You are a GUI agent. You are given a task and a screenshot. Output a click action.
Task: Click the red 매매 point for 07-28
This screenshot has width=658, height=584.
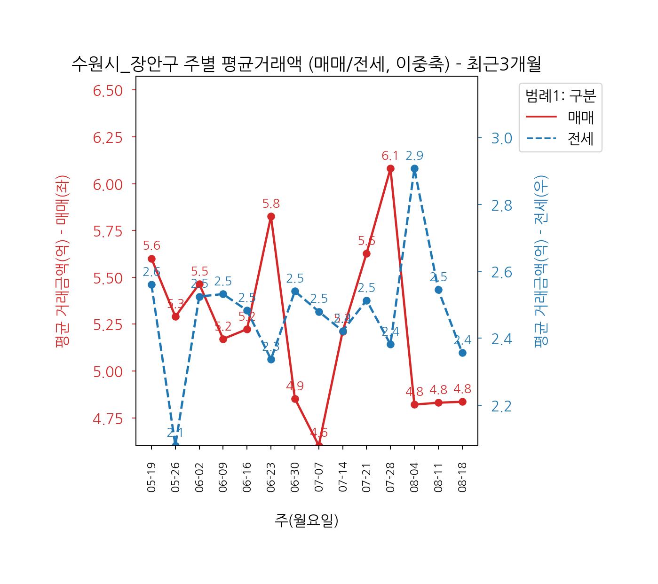[x=390, y=168]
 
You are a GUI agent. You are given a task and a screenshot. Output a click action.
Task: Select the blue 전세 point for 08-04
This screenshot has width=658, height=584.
[x=414, y=168]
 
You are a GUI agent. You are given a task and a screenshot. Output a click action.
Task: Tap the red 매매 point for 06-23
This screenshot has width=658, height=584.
[x=271, y=216]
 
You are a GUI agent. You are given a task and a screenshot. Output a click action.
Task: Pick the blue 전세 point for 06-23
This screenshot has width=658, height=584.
[x=271, y=359]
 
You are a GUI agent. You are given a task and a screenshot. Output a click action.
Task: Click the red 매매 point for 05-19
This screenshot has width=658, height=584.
[x=151, y=259]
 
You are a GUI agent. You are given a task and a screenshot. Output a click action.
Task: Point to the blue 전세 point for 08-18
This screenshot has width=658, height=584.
[x=462, y=353]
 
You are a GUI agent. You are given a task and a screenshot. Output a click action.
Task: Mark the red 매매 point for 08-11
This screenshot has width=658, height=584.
[x=438, y=402]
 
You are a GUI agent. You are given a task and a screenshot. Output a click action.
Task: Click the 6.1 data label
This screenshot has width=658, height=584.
[x=390, y=156]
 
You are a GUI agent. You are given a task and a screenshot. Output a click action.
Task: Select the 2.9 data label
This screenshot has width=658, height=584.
[x=414, y=156]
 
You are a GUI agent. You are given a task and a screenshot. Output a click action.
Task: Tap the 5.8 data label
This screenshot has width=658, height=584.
[x=271, y=204]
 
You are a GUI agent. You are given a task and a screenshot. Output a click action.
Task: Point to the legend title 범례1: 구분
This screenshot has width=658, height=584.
[x=560, y=96]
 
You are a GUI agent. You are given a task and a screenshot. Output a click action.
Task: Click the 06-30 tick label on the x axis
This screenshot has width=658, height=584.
[x=295, y=477]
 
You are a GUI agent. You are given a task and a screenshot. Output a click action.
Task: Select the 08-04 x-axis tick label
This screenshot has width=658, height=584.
[x=414, y=477]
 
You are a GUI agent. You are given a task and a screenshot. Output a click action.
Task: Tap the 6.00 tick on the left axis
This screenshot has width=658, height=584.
[x=108, y=184]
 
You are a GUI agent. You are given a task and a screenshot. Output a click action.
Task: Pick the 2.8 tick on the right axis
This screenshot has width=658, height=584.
[x=501, y=205]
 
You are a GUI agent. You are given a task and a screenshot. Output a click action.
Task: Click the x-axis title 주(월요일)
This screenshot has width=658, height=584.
[x=307, y=520]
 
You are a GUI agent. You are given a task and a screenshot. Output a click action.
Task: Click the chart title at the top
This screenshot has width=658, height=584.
[x=306, y=64]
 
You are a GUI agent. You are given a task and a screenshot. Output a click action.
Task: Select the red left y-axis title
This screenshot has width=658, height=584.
[x=62, y=260]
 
